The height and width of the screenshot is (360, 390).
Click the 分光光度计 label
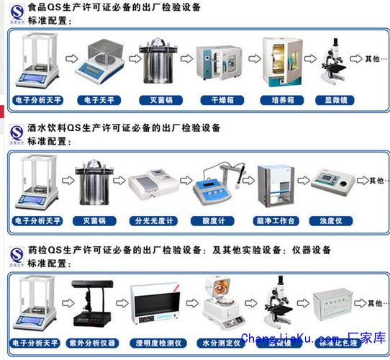155,220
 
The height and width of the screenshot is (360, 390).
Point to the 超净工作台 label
276,220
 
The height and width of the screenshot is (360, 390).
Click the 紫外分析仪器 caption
94,338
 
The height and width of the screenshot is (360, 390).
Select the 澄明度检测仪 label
155,338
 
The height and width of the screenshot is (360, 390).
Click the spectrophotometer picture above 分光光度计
153,186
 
